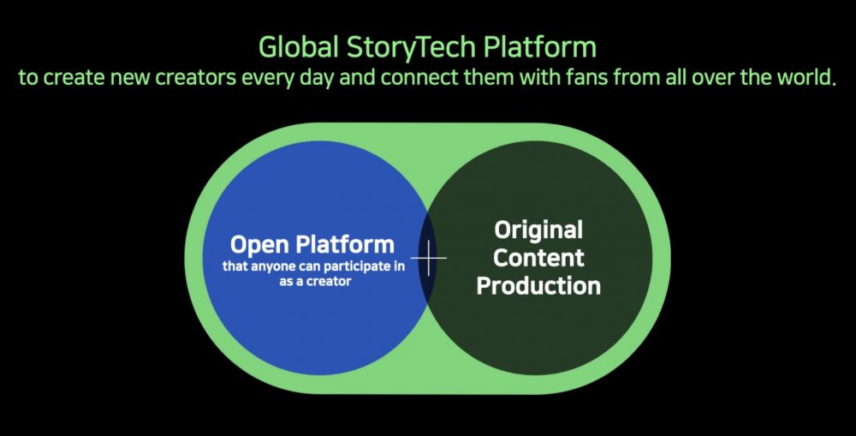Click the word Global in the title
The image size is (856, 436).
[298, 46]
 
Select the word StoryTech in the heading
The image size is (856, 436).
[412, 48]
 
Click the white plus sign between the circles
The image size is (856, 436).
[429, 257]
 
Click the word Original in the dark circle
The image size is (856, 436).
[538, 230]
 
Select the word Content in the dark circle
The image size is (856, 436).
[538, 257]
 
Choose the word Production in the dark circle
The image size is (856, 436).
[538, 285]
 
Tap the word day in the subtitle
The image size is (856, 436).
[318, 79]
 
